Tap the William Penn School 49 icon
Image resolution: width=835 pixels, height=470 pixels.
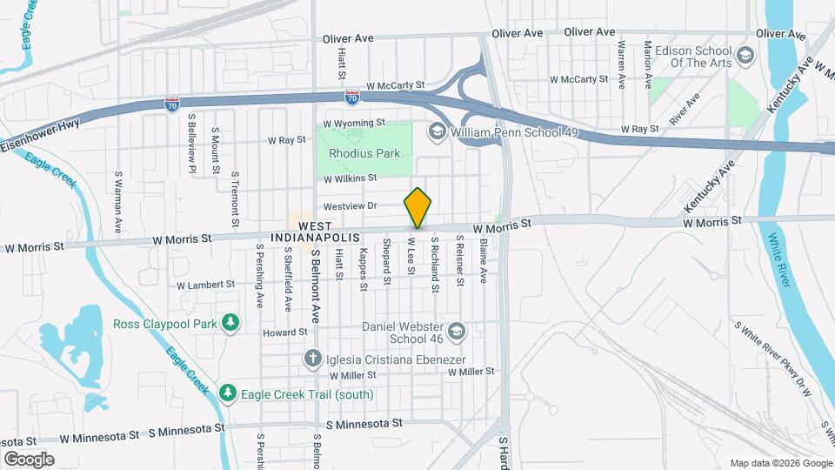[436, 131]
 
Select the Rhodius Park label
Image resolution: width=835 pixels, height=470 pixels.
[364, 153]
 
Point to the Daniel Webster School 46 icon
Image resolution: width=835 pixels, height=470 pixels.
[458, 331]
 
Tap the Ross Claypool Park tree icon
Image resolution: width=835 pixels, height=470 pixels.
[230, 324]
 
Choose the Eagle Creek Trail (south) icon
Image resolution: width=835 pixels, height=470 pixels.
[227, 394]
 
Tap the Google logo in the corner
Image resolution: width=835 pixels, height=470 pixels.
[29, 459]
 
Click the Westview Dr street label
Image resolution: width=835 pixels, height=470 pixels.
[349, 207]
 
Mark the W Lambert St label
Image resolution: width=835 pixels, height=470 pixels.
[205, 285]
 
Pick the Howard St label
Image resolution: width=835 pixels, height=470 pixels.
[285, 332]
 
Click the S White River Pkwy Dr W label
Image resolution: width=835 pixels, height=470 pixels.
[773, 358]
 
